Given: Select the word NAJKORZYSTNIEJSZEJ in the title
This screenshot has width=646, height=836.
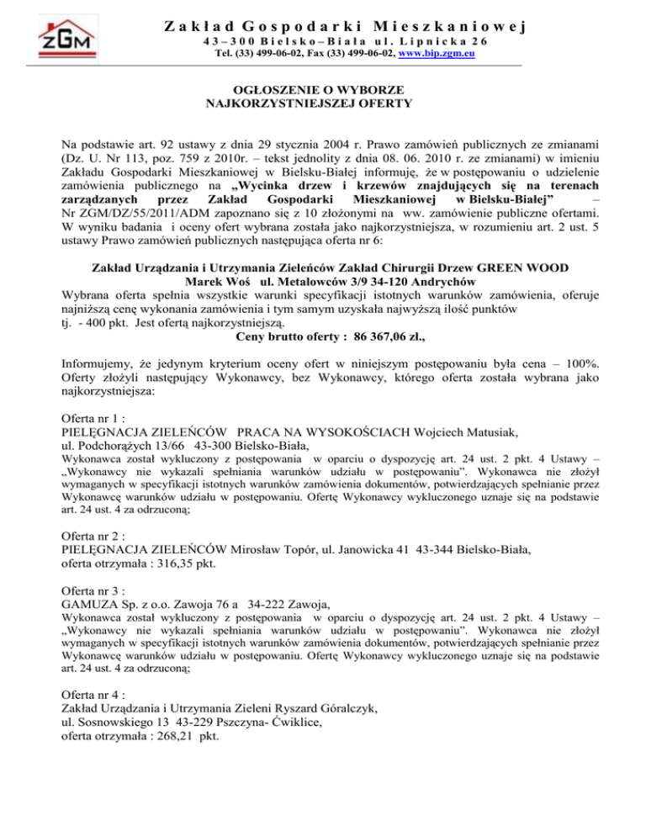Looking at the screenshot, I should click(277, 104).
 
